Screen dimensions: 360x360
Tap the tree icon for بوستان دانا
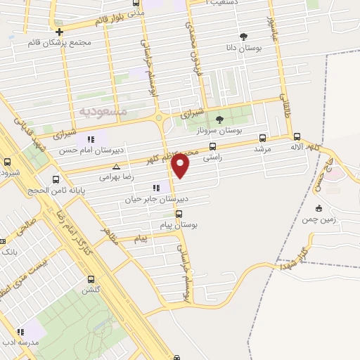(243, 37)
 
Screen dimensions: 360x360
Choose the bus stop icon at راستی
(212, 148)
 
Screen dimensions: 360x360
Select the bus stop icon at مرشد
(262, 138)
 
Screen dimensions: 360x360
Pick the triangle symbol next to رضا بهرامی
(116, 167)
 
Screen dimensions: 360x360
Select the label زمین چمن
(336, 219)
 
